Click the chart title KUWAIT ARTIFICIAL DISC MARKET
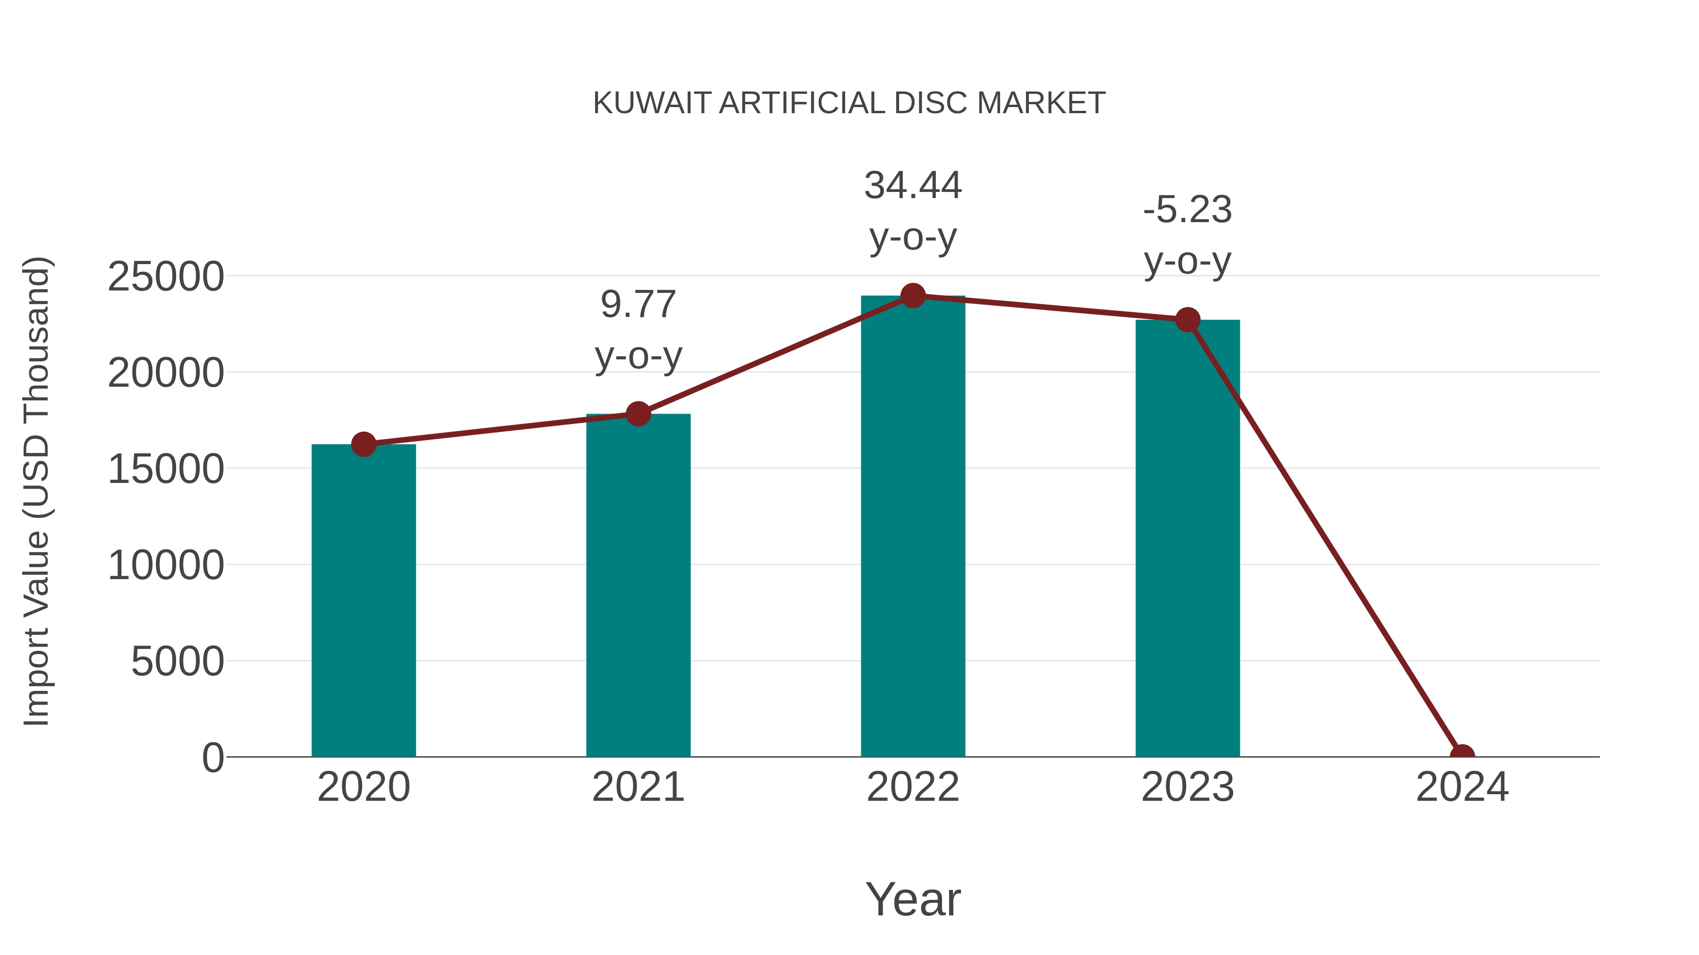(x=849, y=103)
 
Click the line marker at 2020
(x=363, y=444)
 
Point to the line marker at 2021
(x=638, y=414)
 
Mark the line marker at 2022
(x=913, y=296)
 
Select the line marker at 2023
(x=1187, y=320)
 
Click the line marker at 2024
(x=1462, y=756)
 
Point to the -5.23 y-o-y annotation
(x=1187, y=235)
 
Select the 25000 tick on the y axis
(x=166, y=277)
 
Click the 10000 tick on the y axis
(x=166, y=565)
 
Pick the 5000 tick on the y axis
(x=177, y=662)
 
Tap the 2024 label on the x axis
(x=1462, y=787)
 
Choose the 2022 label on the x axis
(x=913, y=787)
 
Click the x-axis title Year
(x=913, y=899)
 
